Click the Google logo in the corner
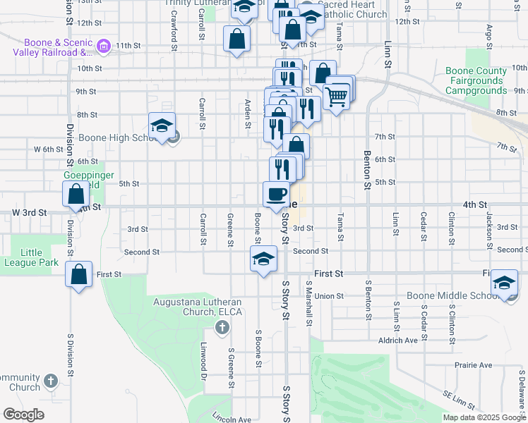coord(23,415)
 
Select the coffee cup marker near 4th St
coord(276,195)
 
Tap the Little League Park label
coord(40,258)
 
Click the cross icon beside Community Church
coord(49,381)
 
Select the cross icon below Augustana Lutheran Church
coord(222,327)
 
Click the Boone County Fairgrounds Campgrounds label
coord(476,81)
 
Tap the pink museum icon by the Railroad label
coord(104,47)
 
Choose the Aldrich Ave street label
coord(398,340)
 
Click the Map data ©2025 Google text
coord(485,417)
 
